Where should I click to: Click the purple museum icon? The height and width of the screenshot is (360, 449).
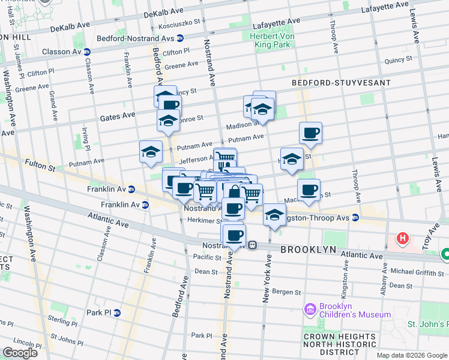[x=310, y=310]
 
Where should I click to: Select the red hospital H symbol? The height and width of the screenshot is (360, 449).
[x=403, y=239]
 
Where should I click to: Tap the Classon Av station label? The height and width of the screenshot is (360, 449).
[x=62, y=52]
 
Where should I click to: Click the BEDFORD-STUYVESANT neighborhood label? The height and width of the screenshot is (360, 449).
[x=341, y=82]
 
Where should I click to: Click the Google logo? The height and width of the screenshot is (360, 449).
[x=20, y=353]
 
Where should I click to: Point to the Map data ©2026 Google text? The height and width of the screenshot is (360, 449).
[x=412, y=355]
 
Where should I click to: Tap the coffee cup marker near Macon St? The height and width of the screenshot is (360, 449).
[x=309, y=191]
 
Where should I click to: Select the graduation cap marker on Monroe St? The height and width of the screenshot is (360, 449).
[x=168, y=121]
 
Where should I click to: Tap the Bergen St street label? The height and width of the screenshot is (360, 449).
[x=286, y=292]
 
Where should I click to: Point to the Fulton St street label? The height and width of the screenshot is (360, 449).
[x=40, y=163]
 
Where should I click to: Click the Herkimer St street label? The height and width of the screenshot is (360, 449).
[x=201, y=221]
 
